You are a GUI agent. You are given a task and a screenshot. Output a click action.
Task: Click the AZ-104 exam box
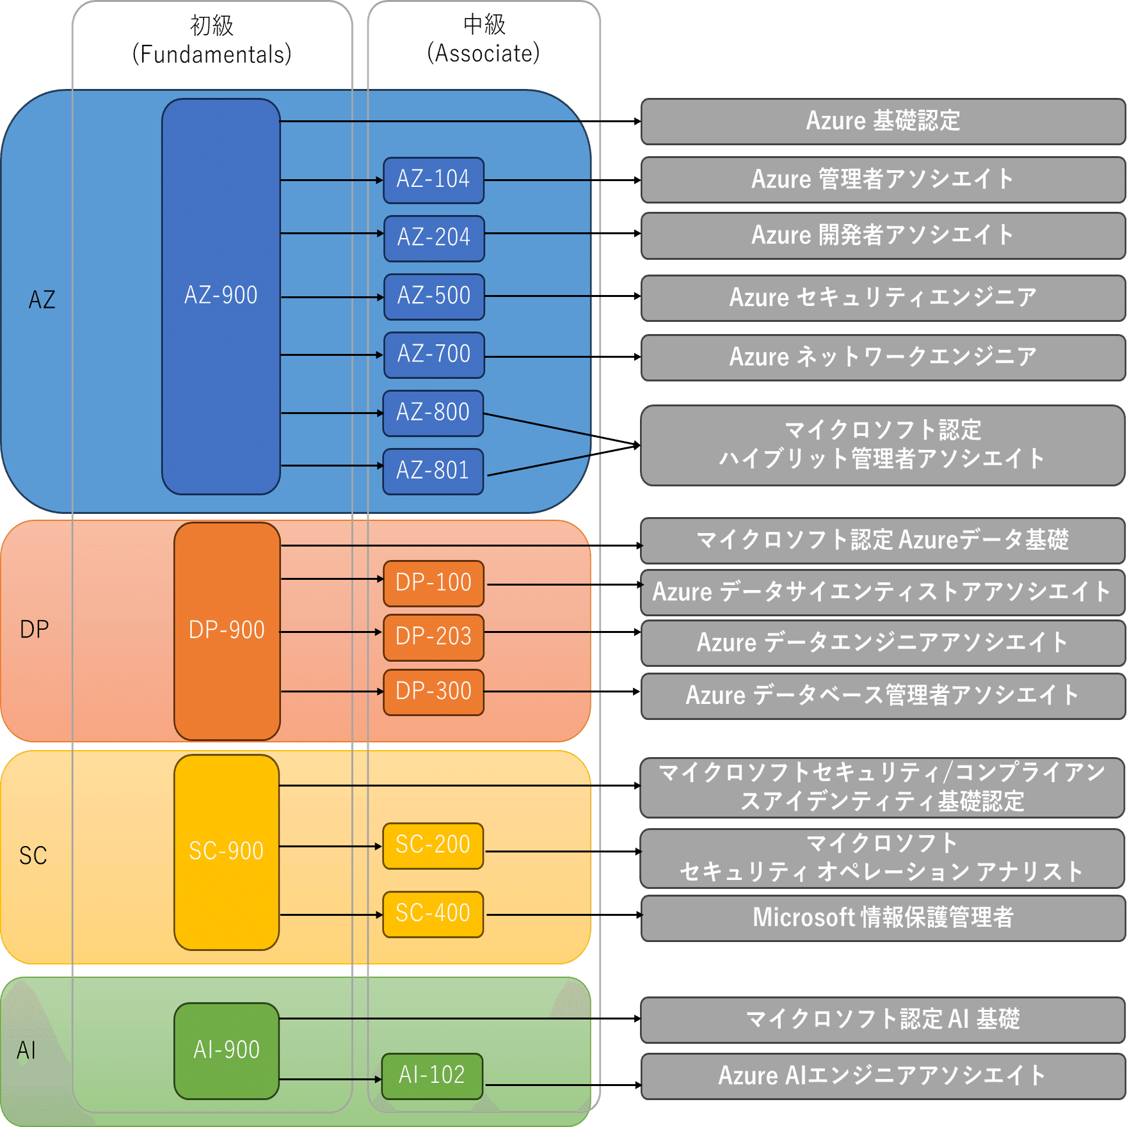(433, 180)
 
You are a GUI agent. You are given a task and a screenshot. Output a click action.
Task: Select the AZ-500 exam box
(433, 296)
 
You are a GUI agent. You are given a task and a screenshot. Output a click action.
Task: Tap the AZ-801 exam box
(433, 471)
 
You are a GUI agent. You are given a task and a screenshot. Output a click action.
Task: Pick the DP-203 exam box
(433, 637)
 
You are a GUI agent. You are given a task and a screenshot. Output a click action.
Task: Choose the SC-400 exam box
(433, 914)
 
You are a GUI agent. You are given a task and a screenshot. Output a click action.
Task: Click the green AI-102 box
(432, 1076)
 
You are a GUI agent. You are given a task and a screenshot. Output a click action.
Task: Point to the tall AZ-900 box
(221, 296)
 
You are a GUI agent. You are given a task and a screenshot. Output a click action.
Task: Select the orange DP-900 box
(227, 630)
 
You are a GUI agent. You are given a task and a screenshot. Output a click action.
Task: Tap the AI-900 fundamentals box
(227, 1050)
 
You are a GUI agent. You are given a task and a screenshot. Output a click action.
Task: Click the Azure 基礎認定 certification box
(883, 121)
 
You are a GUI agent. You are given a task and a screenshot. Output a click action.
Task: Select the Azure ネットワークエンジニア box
(883, 357)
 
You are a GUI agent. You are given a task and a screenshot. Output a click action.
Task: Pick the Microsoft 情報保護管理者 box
(883, 918)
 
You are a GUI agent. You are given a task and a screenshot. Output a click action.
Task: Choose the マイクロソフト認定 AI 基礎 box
(883, 1019)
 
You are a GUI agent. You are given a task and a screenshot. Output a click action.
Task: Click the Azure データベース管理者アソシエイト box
(883, 695)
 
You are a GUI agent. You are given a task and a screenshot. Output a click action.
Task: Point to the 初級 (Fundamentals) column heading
(212, 40)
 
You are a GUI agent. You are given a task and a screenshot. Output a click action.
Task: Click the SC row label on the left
(33, 856)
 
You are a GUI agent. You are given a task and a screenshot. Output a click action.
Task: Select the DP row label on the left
(35, 630)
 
